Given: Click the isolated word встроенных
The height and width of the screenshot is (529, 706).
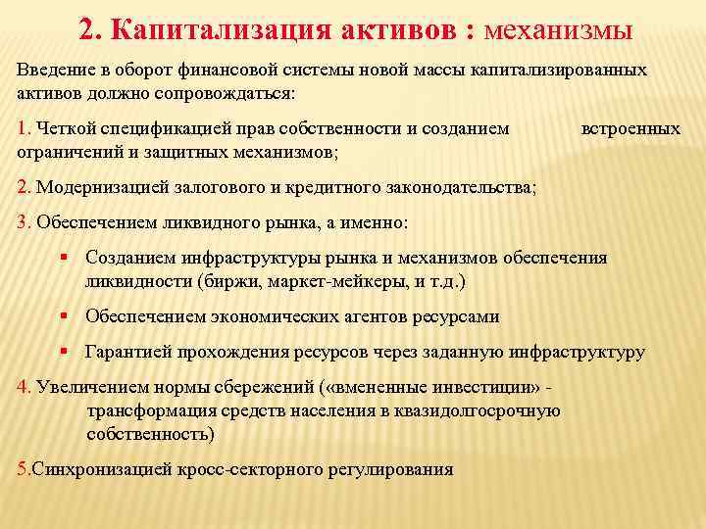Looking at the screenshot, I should (630, 128).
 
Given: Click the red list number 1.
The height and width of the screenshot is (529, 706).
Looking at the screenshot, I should (24, 128).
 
